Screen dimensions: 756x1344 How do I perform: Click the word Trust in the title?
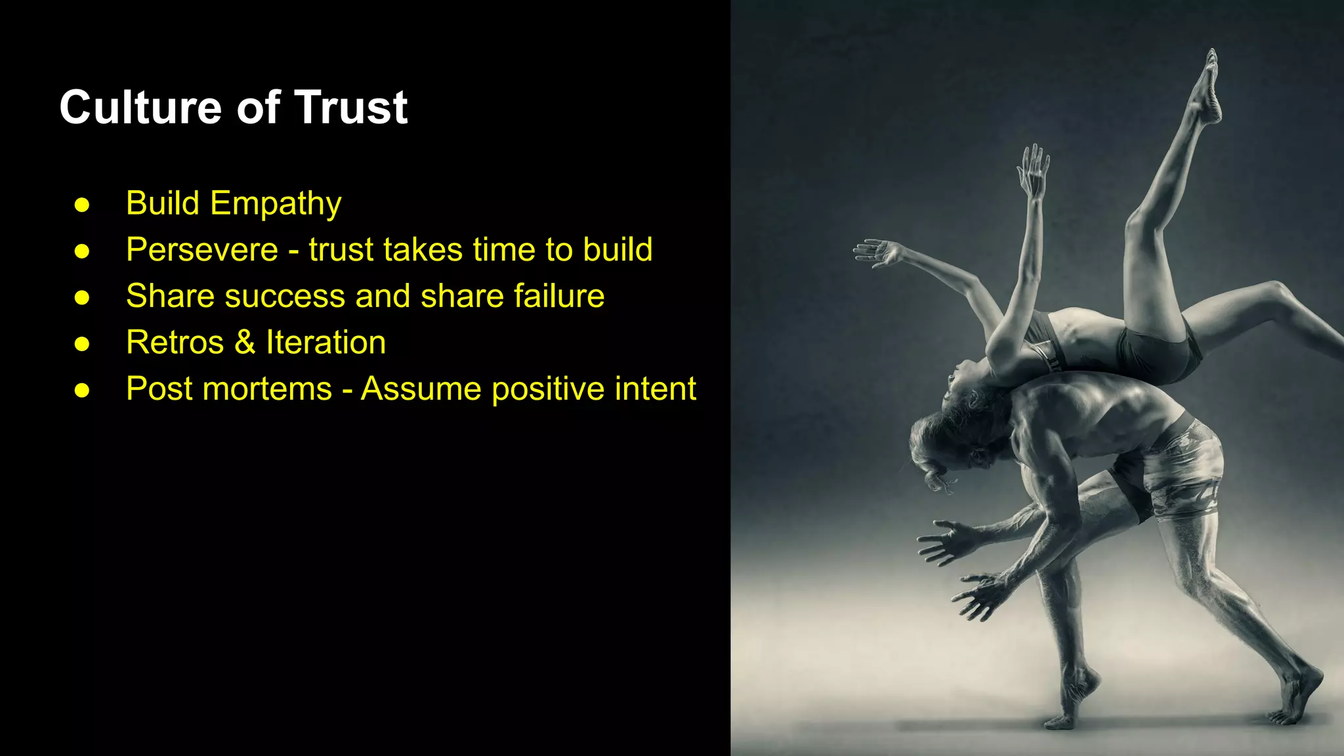pos(351,108)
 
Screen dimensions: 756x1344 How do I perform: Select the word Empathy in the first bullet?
pos(276,203)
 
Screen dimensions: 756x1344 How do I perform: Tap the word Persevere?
pos(202,250)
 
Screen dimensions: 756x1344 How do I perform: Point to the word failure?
pos(558,296)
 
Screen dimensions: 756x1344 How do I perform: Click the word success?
pos(285,296)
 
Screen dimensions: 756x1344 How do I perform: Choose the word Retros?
pos(175,343)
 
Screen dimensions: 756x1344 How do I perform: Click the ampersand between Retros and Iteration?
pos(245,343)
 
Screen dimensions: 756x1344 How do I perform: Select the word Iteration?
pos(325,343)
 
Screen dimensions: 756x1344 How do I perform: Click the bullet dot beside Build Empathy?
pos(82,205)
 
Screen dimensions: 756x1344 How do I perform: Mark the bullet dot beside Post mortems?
pos(82,390)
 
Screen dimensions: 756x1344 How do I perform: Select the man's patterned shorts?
pos(1181,466)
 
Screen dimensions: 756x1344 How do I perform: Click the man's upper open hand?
pos(945,542)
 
